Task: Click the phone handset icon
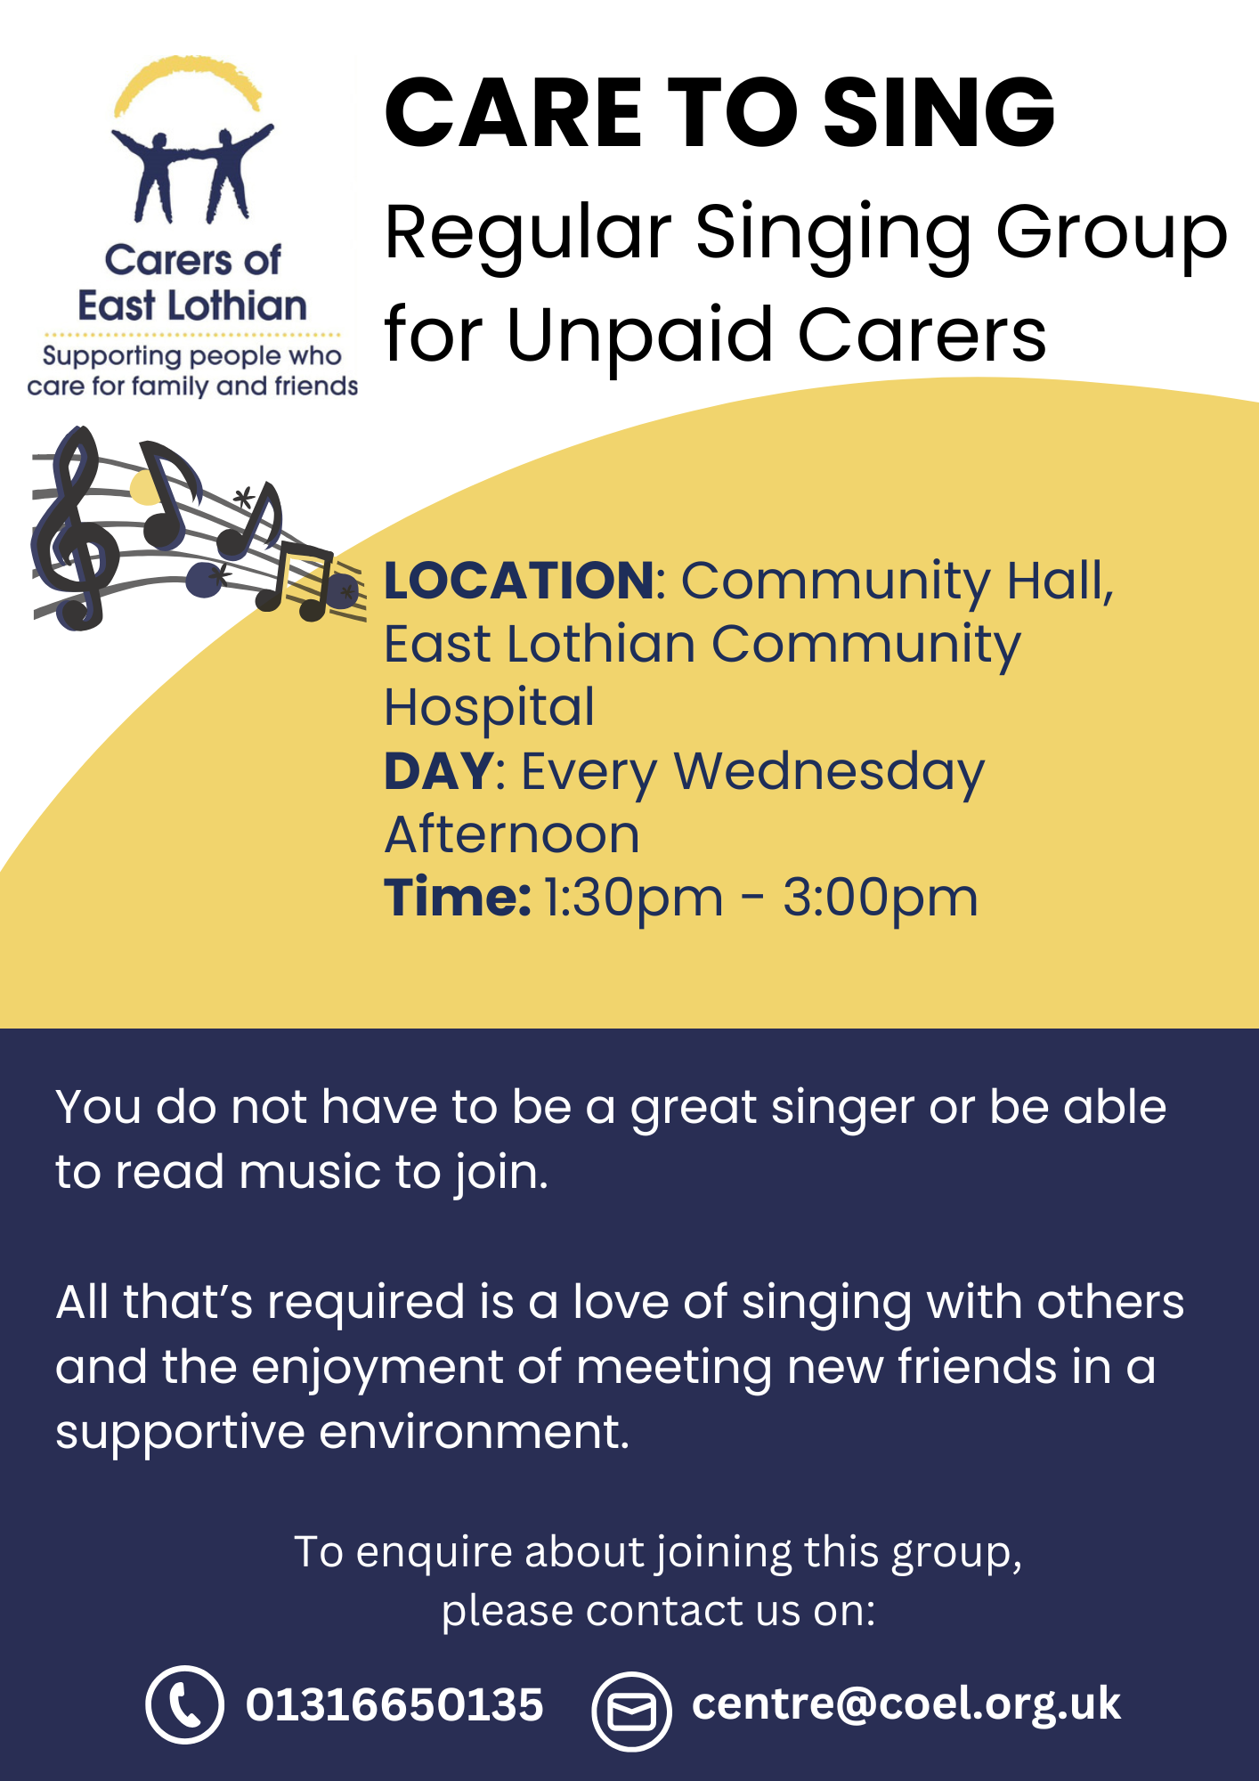click(184, 1704)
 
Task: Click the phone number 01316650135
click(394, 1704)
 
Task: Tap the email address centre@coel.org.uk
click(906, 1704)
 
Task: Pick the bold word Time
click(458, 897)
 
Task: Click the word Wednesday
click(829, 773)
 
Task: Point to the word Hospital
click(490, 709)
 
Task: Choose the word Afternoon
click(512, 835)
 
